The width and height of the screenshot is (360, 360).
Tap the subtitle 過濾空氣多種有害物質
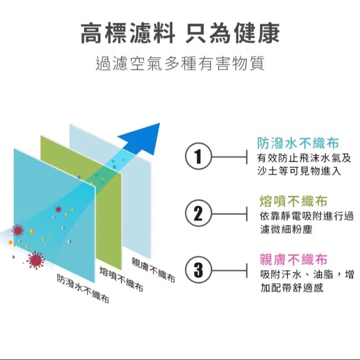click(x=180, y=63)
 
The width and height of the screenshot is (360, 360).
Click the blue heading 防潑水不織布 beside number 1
click(x=298, y=144)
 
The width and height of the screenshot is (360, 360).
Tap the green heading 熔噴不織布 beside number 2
click(x=293, y=201)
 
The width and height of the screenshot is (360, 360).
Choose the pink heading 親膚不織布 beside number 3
click(x=293, y=259)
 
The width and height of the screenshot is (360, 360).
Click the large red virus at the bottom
click(x=35, y=260)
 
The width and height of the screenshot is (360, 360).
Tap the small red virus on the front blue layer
click(x=58, y=209)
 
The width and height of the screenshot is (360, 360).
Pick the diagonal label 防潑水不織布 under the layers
click(x=83, y=289)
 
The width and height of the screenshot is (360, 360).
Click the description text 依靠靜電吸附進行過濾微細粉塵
click(x=306, y=223)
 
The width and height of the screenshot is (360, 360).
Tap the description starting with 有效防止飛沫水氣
click(x=304, y=165)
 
